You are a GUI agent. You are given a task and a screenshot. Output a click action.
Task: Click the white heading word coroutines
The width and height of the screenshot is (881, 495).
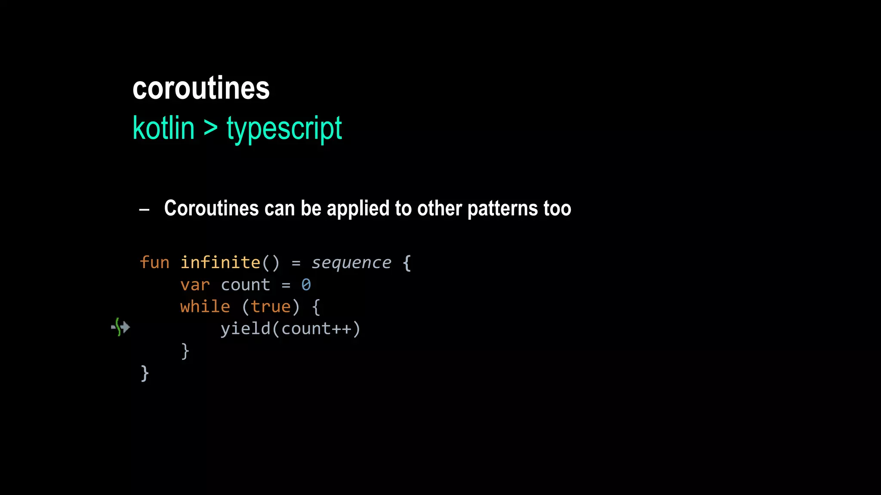[x=201, y=89]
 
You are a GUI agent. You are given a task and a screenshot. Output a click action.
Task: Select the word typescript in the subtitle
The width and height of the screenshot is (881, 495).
[x=284, y=129]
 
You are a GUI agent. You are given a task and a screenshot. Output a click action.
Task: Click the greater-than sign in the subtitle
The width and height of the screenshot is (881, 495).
[x=210, y=128]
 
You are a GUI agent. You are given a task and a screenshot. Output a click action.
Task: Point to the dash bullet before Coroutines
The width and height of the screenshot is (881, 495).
[x=145, y=210]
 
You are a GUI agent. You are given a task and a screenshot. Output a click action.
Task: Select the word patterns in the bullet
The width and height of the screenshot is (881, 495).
[x=502, y=209]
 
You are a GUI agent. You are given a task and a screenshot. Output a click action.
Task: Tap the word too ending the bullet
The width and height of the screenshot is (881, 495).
[x=557, y=209]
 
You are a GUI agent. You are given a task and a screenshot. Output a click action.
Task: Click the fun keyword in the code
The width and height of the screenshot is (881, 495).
[x=154, y=263]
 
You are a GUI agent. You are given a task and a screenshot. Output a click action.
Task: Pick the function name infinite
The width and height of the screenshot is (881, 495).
[x=220, y=263]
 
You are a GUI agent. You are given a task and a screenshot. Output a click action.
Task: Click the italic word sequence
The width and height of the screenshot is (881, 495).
[x=351, y=263]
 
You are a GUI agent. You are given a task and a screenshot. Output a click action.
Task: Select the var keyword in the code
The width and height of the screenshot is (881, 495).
[x=195, y=285]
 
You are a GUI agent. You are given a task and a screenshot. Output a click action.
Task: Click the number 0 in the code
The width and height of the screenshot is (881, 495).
[x=306, y=285]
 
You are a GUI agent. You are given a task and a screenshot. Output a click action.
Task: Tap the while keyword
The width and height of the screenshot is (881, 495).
[x=205, y=307]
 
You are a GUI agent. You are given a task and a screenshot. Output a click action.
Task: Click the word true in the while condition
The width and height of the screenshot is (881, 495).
[x=271, y=307]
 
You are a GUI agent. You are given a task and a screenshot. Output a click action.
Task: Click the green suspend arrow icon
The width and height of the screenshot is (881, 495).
[x=120, y=327]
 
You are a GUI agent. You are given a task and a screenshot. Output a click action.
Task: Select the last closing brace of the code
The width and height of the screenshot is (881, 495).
[x=145, y=373]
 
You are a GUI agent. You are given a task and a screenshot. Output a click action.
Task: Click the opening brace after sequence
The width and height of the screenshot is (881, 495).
[x=407, y=263]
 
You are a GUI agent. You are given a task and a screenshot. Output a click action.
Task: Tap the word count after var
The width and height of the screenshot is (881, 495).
[x=245, y=285]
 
